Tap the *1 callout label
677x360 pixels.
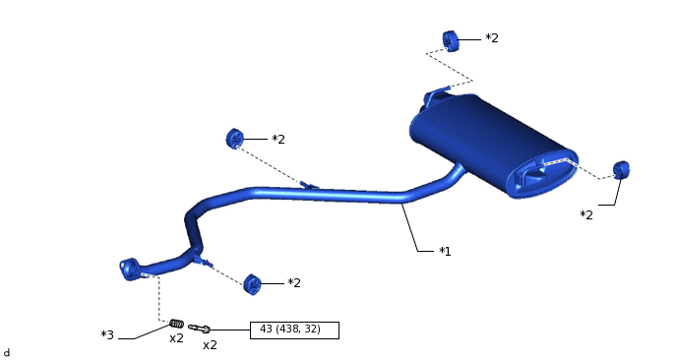[445, 251]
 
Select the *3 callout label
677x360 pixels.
[107, 335]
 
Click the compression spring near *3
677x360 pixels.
[176, 324]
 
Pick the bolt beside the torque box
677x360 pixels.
[199, 329]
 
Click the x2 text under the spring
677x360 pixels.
[176, 338]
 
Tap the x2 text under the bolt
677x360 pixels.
[210, 345]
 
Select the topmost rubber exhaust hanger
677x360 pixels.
[451, 41]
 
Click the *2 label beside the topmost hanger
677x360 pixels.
[492, 38]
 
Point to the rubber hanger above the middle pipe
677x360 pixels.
[235, 139]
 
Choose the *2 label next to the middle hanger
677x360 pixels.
[278, 140]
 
